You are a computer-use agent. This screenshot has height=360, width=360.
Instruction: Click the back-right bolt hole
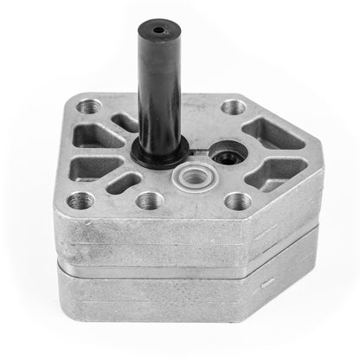(x=232, y=108)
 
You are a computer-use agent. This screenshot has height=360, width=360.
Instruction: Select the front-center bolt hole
(x=145, y=202)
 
